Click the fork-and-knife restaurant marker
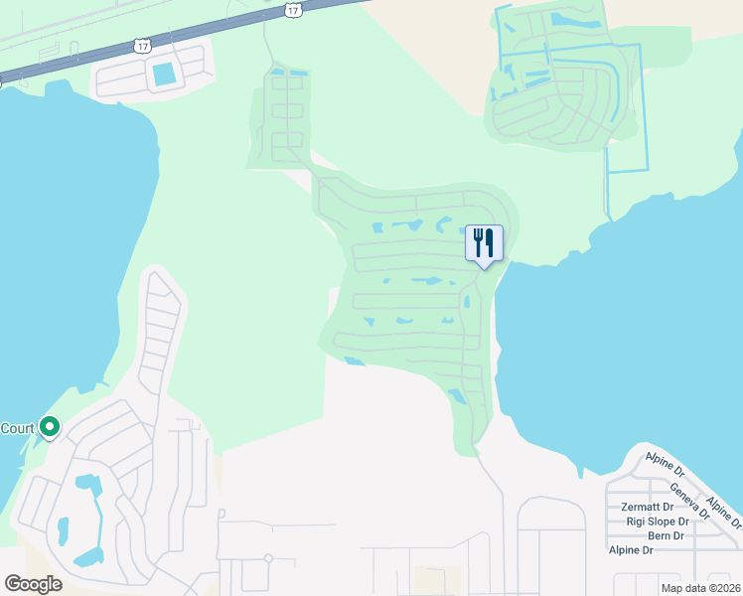point(484,242)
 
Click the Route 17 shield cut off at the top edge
point(292,9)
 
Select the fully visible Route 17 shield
point(142,47)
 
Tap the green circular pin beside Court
point(49,428)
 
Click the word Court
point(17,429)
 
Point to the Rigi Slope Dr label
point(657,521)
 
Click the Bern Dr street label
point(666,535)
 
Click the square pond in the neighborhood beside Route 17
point(162,73)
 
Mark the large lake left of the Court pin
point(60,248)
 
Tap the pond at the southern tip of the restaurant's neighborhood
point(458,397)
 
